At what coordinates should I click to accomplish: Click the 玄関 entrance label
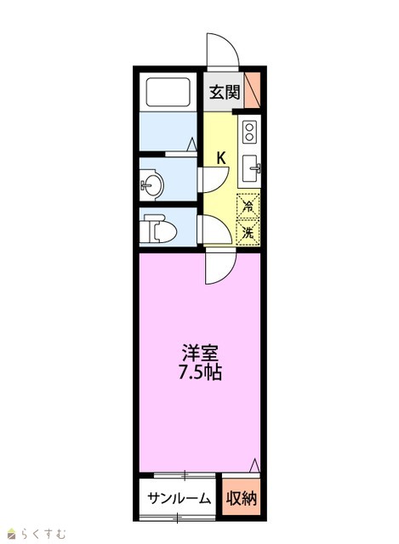pyautogui.click(x=225, y=92)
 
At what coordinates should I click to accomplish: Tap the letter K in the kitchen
pyautogui.click(x=221, y=158)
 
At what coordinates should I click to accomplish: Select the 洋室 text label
pyautogui.click(x=200, y=354)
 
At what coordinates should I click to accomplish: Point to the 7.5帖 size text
pyautogui.click(x=200, y=372)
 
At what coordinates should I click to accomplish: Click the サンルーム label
pyautogui.click(x=180, y=499)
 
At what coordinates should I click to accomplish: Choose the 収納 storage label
pyautogui.click(x=242, y=499)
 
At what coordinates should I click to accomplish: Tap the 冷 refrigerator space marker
pyautogui.click(x=248, y=207)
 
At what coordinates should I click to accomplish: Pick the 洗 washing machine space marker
pyautogui.click(x=248, y=231)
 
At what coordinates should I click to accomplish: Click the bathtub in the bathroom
pyautogui.click(x=168, y=92)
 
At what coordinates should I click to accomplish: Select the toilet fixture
pyautogui.click(x=158, y=228)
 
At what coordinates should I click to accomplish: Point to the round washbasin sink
pyautogui.click(x=151, y=184)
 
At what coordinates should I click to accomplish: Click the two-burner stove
pyautogui.click(x=249, y=132)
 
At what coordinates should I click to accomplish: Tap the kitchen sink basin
pyautogui.click(x=251, y=168)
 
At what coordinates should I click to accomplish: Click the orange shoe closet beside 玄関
pyautogui.click(x=252, y=90)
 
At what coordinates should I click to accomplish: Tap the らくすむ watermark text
pyautogui.click(x=43, y=533)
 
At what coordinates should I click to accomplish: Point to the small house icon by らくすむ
pyautogui.click(x=13, y=533)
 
